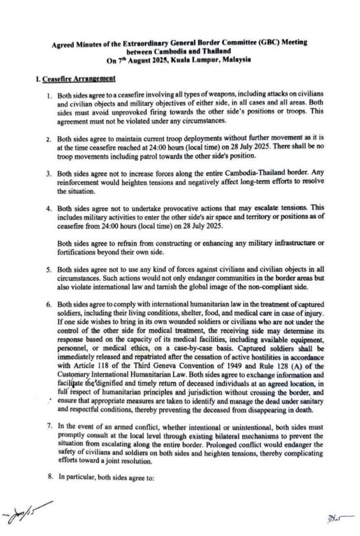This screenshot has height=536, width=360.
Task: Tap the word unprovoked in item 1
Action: pyautogui.click(x=141, y=113)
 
